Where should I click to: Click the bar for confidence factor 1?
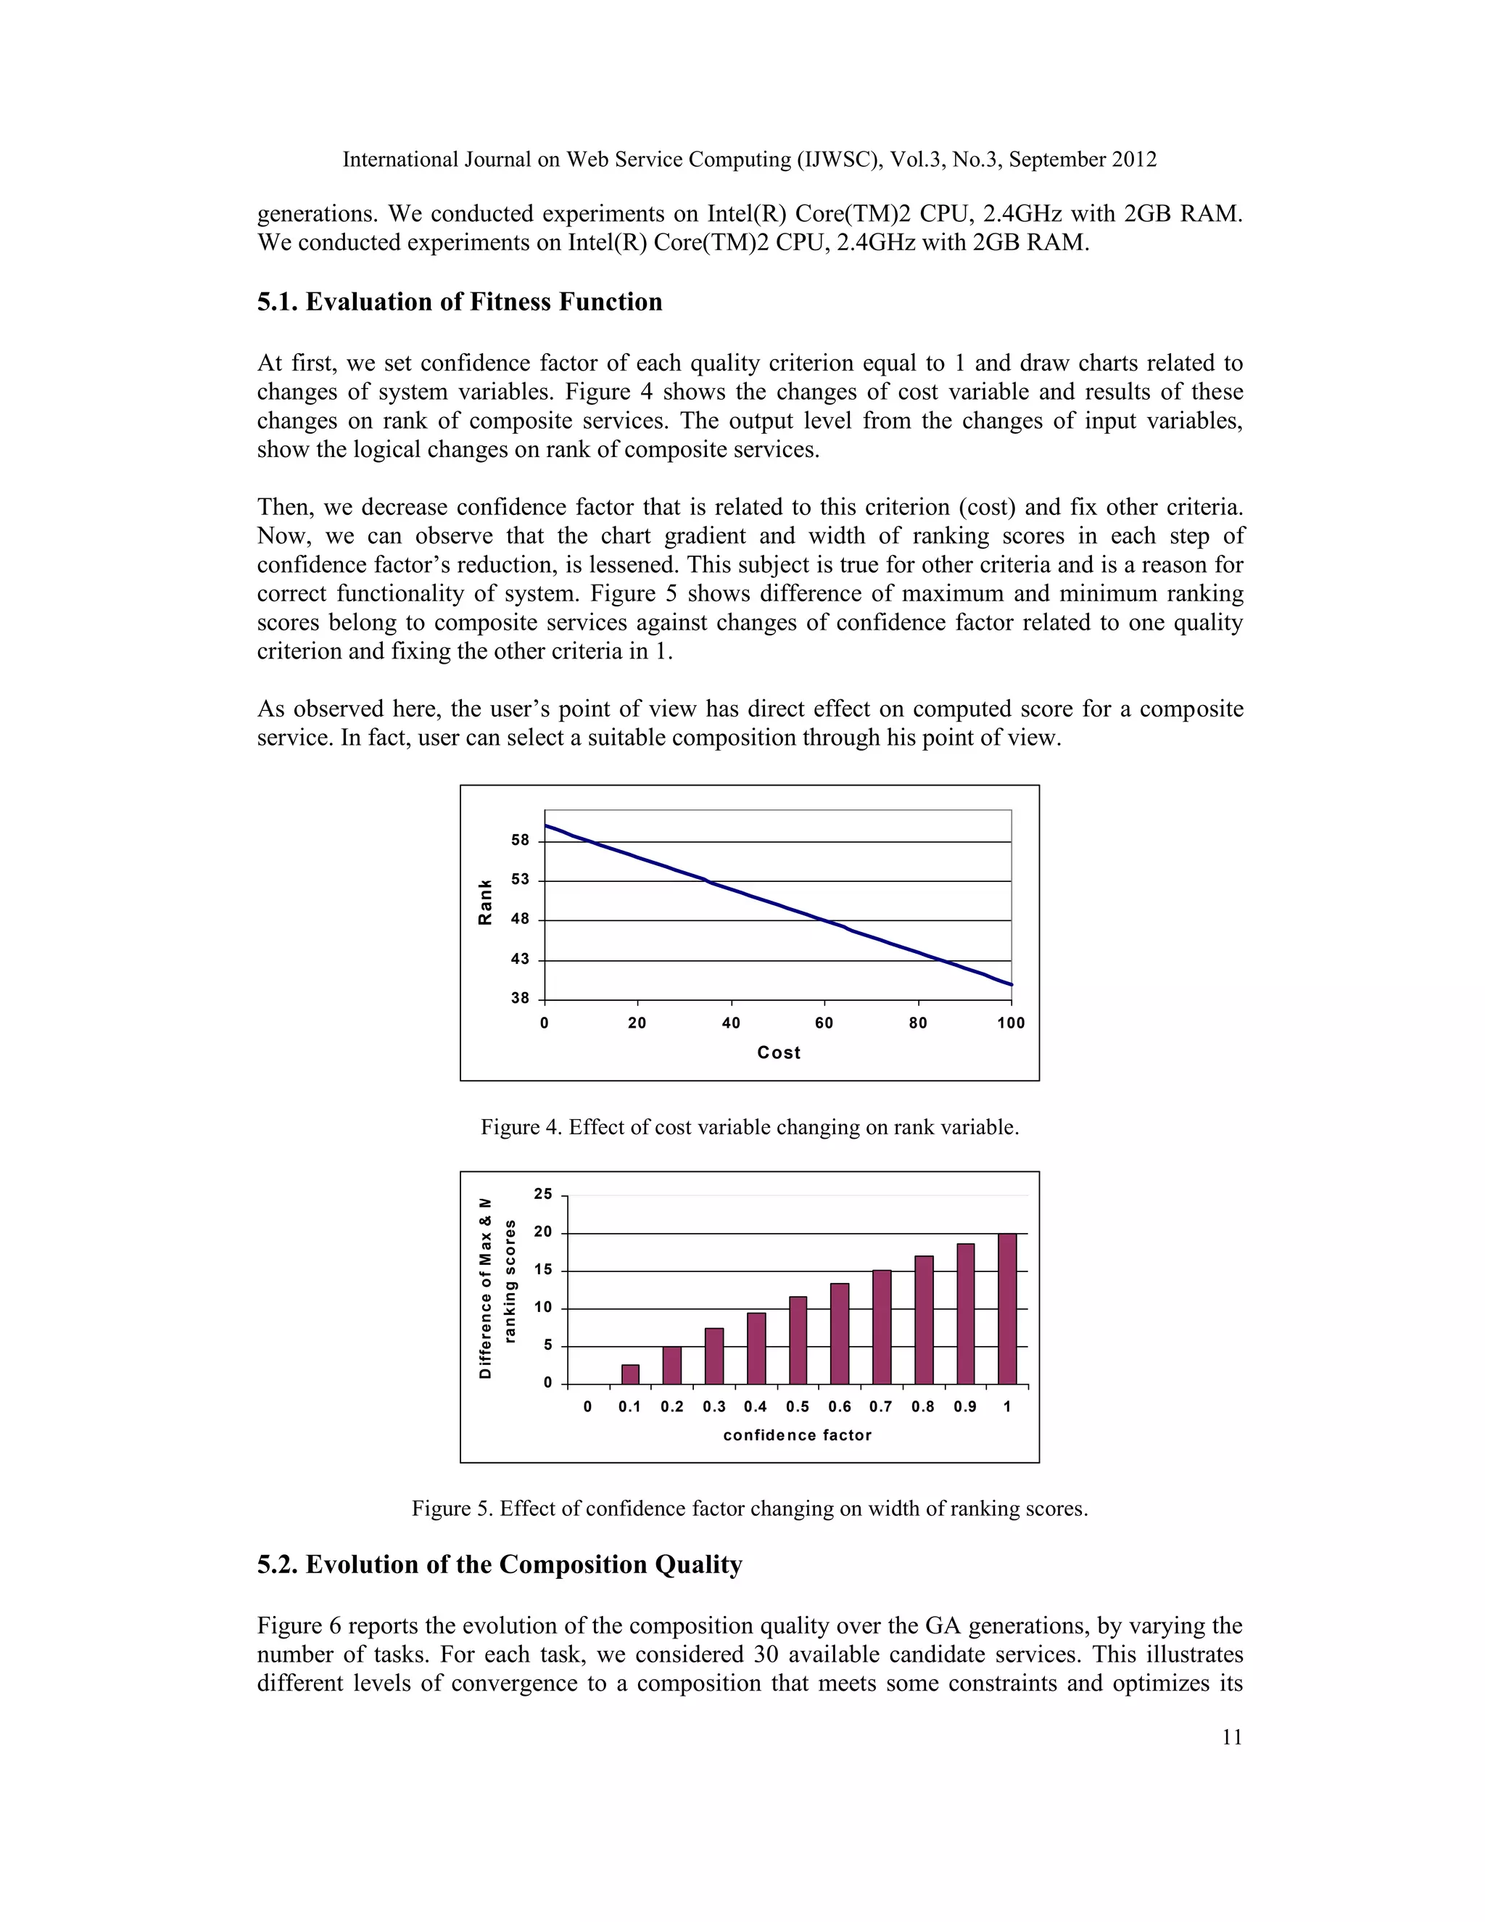click(1007, 1308)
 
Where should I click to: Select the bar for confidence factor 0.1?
click(630, 1374)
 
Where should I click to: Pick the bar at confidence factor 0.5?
click(798, 1340)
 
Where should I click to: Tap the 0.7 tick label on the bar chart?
click(880, 1406)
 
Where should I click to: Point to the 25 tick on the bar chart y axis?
click(543, 1195)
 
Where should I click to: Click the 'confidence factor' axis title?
click(797, 1435)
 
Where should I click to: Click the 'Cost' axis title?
click(779, 1052)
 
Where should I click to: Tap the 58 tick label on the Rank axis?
click(521, 841)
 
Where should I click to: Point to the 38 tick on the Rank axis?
click(521, 999)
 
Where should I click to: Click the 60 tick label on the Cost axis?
click(824, 1023)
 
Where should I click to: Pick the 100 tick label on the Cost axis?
click(1011, 1023)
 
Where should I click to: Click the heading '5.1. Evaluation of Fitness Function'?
click(459, 302)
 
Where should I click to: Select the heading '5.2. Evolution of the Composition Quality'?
click(500, 1564)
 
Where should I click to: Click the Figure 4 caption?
click(750, 1127)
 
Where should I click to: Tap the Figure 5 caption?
click(750, 1509)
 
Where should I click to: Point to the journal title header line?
click(750, 160)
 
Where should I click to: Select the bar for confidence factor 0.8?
click(924, 1319)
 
